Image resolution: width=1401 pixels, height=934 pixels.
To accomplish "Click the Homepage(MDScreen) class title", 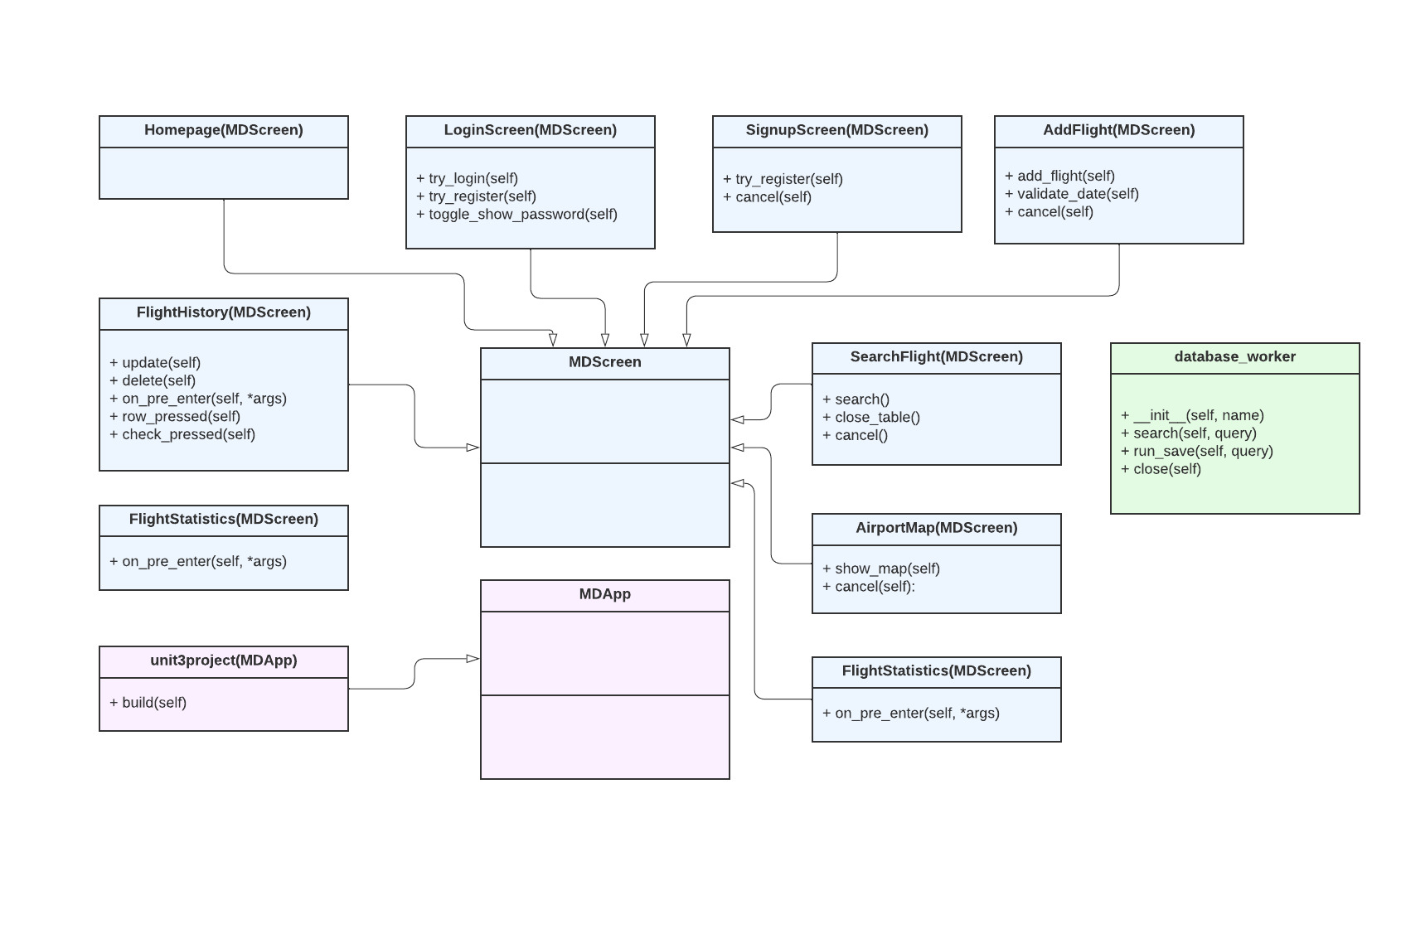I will point(223,130).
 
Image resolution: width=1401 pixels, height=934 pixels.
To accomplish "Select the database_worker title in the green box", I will point(1234,357).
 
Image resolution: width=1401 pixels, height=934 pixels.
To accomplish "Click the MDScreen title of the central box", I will point(604,362).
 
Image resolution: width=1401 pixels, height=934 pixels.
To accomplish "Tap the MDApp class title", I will point(604,594).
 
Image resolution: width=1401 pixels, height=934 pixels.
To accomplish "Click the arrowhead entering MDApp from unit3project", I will point(473,659).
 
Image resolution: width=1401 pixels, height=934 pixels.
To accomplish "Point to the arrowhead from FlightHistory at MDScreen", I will point(473,448).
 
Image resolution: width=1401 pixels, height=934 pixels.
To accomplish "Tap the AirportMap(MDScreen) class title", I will point(936,528).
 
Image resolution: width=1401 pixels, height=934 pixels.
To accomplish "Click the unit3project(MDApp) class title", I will point(223,661).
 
